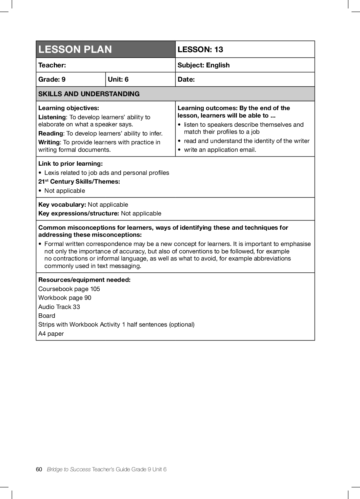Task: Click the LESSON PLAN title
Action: click(75, 49)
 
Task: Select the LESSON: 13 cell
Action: click(200, 49)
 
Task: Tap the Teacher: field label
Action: click(52, 65)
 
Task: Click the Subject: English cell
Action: click(203, 65)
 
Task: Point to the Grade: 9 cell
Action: click(52, 79)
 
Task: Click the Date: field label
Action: click(186, 79)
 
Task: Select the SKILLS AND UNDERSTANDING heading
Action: click(89, 94)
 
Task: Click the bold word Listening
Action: click(52, 117)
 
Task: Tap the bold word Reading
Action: click(51, 133)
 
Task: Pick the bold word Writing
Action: click(49, 142)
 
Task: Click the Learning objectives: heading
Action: click(68, 108)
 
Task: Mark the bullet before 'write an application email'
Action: click(179, 150)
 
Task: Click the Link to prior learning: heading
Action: click(70, 164)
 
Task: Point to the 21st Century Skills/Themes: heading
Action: click(79, 182)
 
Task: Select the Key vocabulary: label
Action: click(62, 205)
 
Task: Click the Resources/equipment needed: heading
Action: click(84, 280)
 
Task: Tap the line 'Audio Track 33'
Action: click(59, 307)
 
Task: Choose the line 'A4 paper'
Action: click(51, 334)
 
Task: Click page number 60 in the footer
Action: click(39, 469)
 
